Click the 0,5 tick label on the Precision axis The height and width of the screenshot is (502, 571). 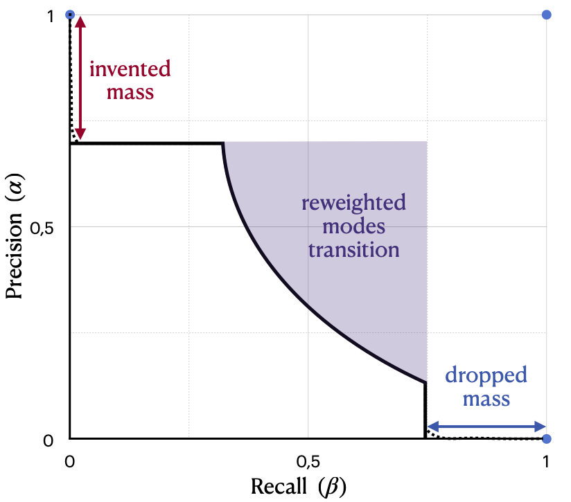click(49, 228)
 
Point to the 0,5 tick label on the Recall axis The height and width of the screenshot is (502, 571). click(308, 460)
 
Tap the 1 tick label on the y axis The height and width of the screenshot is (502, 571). click(51, 15)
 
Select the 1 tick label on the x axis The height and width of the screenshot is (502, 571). click(546, 460)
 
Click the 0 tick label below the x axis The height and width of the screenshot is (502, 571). click(69, 460)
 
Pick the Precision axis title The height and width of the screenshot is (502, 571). click(15, 228)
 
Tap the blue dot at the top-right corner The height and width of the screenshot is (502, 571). click(546, 14)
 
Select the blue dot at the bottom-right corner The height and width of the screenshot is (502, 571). click(546, 439)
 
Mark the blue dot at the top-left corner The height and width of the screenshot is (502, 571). click(69, 14)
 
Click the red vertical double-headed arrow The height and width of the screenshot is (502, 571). click(80, 78)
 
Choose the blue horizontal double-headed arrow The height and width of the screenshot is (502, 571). click(485, 427)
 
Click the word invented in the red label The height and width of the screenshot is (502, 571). click(130, 69)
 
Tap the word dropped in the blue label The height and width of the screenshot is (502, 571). click(486, 376)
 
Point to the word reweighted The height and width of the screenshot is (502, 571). click(353, 204)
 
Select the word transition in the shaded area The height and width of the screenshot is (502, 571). click(353, 249)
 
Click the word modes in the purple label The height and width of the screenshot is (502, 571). click(353, 226)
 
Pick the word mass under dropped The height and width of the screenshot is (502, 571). click(486, 399)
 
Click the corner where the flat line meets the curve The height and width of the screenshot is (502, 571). click(222, 144)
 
